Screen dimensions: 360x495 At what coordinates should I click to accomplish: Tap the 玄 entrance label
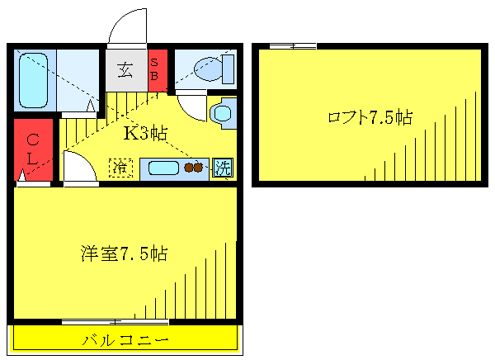[125, 71]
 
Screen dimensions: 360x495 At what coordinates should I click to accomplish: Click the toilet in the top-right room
[205, 69]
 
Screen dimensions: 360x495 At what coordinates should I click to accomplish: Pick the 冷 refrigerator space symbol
[121, 168]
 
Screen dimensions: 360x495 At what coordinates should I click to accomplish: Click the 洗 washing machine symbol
[222, 168]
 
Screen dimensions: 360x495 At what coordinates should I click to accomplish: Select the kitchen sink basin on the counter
[163, 168]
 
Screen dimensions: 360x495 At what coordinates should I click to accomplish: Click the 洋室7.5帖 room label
[125, 253]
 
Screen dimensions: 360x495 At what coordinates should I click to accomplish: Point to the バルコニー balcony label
[125, 339]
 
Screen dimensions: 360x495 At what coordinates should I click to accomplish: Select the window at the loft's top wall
[293, 46]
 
